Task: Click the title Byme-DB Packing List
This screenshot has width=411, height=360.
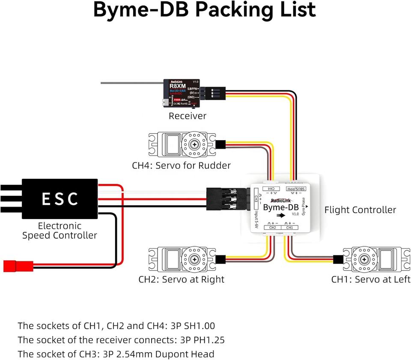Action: click(x=205, y=10)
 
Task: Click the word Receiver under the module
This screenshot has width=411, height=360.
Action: click(x=187, y=116)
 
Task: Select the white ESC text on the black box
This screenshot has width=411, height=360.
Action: click(x=60, y=199)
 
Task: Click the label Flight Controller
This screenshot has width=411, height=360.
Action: click(x=360, y=210)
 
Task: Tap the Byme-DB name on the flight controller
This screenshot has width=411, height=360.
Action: click(x=280, y=207)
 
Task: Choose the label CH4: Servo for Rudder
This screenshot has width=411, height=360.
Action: click(x=181, y=165)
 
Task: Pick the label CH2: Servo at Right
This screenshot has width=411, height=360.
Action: click(x=181, y=279)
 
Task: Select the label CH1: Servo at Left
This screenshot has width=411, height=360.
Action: click(x=371, y=279)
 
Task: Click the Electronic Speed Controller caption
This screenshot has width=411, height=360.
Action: click(x=60, y=231)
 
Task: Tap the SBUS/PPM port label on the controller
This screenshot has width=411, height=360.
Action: click(x=303, y=189)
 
